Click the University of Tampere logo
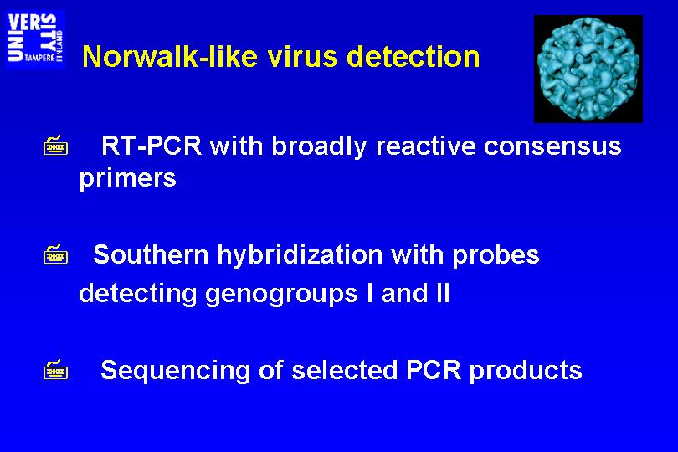point(35,39)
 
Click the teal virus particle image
point(588,69)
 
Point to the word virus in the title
point(302,57)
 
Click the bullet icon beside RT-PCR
point(56,146)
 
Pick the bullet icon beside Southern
point(56,254)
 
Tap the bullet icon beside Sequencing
point(56,370)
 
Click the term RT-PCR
point(152,146)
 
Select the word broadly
point(319,147)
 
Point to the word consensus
point(552,146)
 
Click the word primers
point(127,178)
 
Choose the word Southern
point(151,254)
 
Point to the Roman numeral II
point(443,293)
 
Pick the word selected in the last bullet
point(345,370)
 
